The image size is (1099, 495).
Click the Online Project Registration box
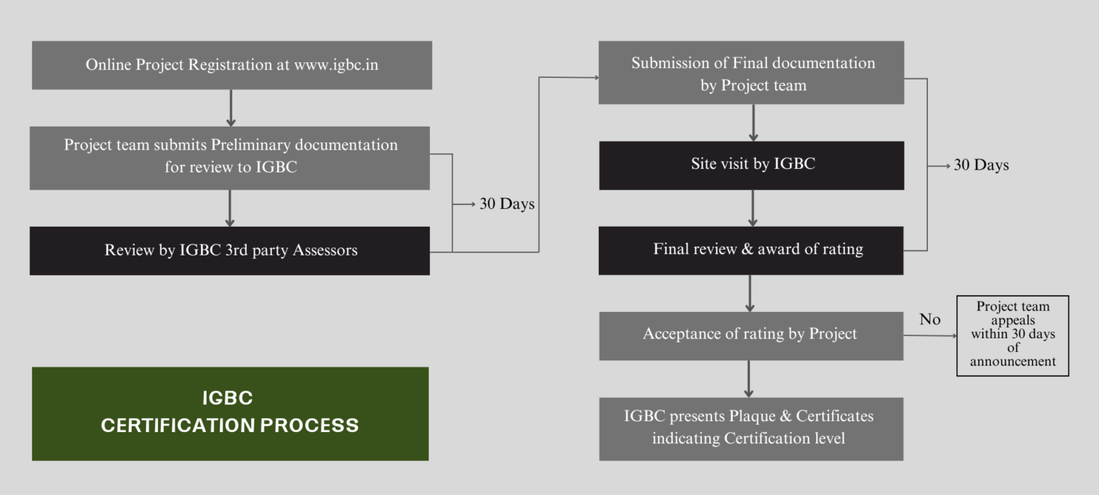231,65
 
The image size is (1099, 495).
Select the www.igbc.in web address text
336,65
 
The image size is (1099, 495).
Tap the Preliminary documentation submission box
230,157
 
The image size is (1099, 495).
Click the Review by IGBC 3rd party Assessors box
230,250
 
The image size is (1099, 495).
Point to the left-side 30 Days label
507,204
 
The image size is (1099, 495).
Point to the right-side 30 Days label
981,165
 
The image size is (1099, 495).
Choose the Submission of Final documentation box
751,73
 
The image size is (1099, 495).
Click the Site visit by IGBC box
751,165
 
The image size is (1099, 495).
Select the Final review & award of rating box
751,250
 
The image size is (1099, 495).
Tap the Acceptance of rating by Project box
751,335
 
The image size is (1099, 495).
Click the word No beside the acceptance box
929,320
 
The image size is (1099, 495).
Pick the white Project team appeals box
1012,335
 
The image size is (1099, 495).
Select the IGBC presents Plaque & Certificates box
751,428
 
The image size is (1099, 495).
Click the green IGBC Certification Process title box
230,413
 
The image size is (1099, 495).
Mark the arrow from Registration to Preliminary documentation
230,108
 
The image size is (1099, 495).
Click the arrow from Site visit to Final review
753,208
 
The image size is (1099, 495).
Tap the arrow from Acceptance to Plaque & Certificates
748,378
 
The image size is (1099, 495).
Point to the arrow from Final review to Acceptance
749,293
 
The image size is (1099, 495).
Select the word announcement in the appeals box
1012,362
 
